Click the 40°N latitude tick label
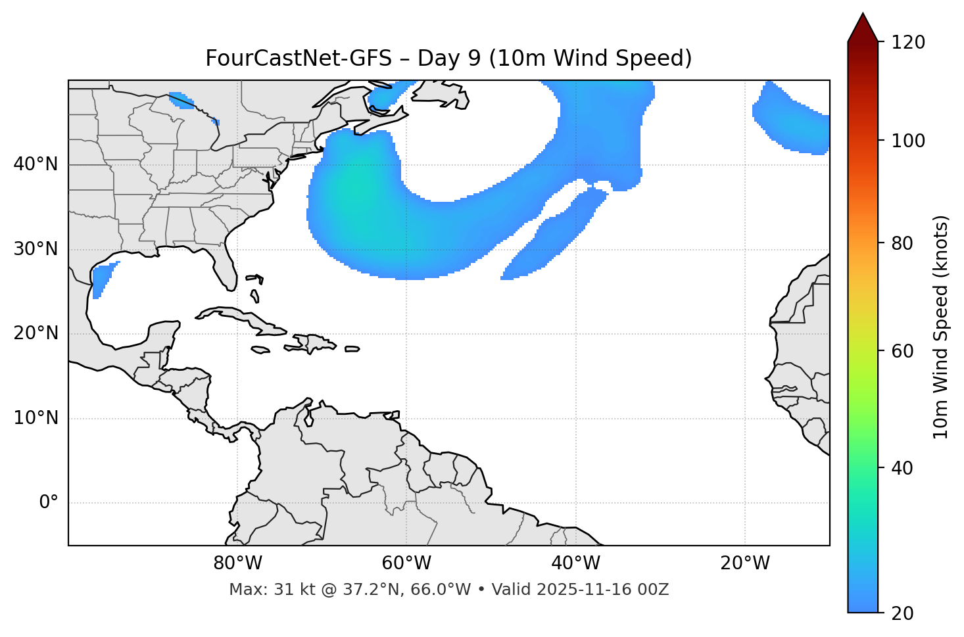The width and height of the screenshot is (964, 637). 36,164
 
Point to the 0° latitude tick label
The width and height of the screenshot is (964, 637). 49,503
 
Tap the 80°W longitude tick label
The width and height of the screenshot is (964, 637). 237,563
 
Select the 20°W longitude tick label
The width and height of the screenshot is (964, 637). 745,563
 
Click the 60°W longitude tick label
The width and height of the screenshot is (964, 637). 406,563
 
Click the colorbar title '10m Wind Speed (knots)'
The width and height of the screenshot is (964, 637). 941,327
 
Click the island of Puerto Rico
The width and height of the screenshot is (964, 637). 352,349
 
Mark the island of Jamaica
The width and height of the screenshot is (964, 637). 260,350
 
